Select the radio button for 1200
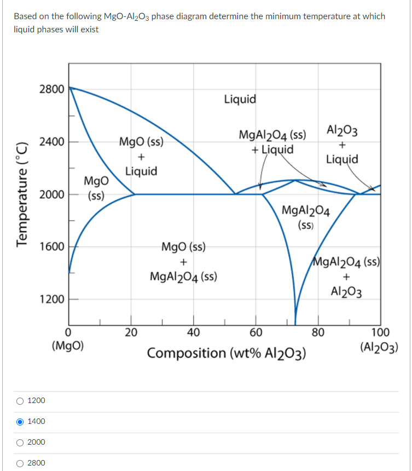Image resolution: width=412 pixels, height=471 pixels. click(x=20, y=400)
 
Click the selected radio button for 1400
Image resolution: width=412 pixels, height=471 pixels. click(x=20, y=421)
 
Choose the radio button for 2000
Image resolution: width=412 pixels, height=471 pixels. click(x=20, y=442)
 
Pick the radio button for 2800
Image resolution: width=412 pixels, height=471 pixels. click(x=20, y=463)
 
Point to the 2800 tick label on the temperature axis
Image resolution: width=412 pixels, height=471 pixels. click(x=51, y=89)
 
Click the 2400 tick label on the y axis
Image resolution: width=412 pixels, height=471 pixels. click(x=51, y=142)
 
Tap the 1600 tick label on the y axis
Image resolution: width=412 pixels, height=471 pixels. click(x=51, y=247)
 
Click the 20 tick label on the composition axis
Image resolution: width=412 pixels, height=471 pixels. click(x=131, y=332)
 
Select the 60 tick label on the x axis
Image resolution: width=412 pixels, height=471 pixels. click(x=256, y=332)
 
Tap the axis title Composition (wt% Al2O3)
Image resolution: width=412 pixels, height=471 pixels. click(x=227, y=353)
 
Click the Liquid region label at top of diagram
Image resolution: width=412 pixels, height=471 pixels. click(x=240, y=99)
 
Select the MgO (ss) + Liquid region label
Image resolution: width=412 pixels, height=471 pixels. click(x=141, y=157)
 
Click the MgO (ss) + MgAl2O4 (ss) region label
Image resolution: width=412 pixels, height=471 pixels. click(x=183, y=261)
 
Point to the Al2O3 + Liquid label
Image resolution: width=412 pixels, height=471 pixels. click(x=342, y=145)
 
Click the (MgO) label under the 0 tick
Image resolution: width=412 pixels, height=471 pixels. click(x=67, y=346)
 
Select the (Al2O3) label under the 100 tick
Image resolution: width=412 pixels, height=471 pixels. click(x=379, y=346)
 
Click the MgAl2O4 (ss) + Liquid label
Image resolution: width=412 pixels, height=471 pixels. click(x=272, y=142)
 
